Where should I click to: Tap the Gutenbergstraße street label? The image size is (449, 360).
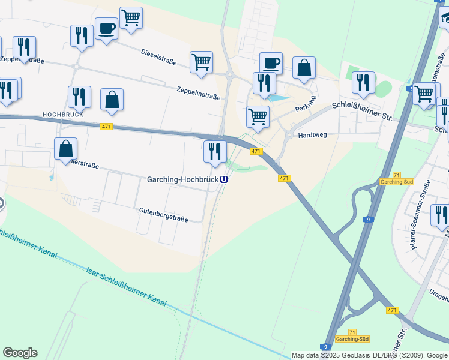click(163, 216)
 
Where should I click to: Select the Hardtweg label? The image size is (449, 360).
click(312, 135)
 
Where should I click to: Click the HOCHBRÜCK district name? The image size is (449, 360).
click(62, 113)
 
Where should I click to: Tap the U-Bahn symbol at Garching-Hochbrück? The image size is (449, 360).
click(224, 179)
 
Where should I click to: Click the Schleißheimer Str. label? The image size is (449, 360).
click(362, 112)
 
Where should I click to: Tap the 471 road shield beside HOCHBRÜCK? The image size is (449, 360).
click(106, 126)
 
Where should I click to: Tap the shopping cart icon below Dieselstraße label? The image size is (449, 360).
click(201, 62)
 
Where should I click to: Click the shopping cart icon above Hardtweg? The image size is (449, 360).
click(258, 116)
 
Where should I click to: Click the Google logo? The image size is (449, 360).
click(20, 353)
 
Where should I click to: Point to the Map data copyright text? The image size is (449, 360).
click(369, 355)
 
